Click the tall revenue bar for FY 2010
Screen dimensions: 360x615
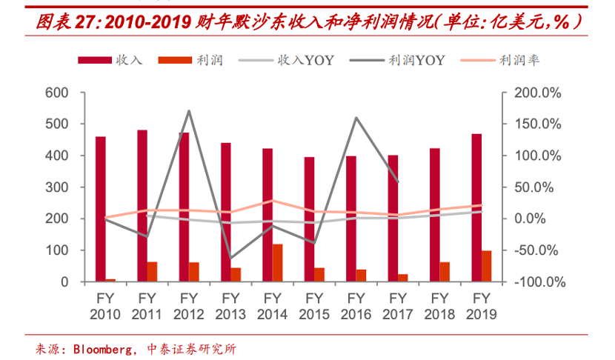tap(100, 209)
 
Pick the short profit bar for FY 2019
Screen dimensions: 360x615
tap(487, 266)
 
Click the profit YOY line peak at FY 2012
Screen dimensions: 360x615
tap(189, 111)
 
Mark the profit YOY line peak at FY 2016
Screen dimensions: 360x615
tap(356, 118)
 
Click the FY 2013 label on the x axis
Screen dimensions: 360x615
tap(230, 306)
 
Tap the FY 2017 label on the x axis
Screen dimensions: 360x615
tap(398, 306)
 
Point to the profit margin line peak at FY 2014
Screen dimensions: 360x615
tap(272, 201)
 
